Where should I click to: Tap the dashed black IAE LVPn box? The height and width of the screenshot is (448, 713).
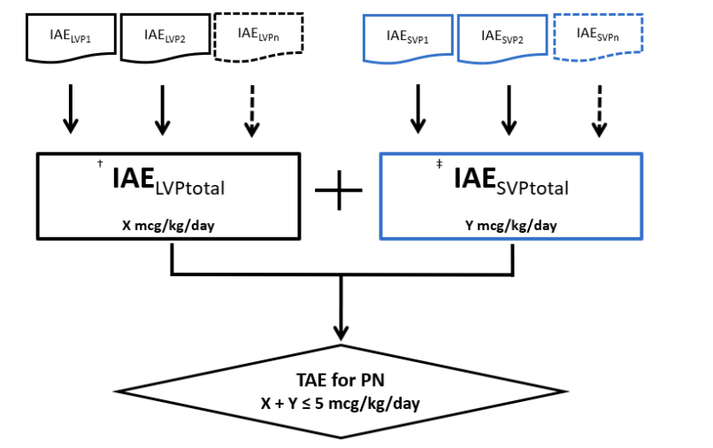click(258, 36)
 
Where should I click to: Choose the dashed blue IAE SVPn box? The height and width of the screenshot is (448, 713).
click(597, 35)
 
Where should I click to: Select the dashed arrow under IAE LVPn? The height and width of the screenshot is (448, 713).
click(252, 111)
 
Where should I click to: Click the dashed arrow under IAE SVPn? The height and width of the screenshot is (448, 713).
click(600, 111)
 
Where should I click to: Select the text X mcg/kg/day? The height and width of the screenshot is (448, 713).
click(169, 225)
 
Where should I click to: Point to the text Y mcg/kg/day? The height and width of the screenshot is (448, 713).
click(511, 225)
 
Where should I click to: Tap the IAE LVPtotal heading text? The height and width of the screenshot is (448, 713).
click(168, 182)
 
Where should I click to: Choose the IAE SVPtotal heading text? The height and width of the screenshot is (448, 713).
click(510, 182)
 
